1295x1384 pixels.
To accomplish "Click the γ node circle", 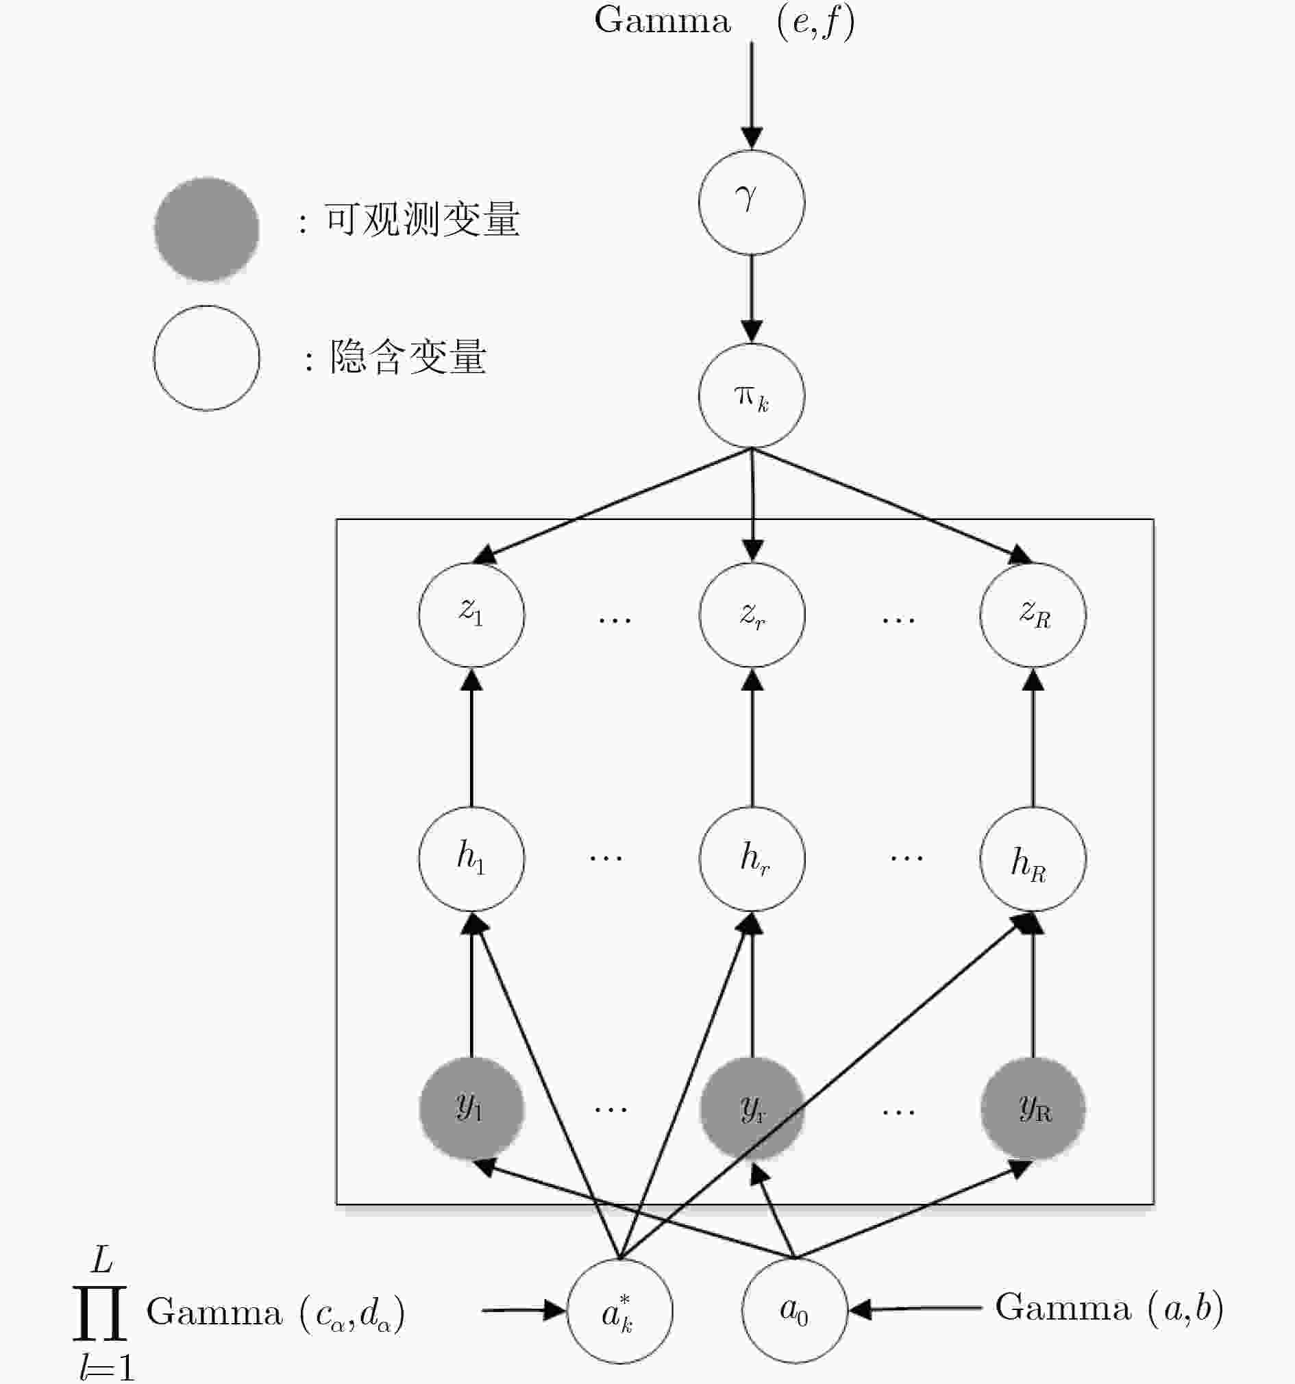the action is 751,202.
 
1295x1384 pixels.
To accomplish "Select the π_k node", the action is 751,395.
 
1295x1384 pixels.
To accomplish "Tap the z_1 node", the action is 471,615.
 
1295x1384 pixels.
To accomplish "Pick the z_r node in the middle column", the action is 752,615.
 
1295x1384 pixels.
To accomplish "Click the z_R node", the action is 1033,615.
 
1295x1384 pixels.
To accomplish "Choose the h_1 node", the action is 471,858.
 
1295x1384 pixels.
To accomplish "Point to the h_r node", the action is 752,858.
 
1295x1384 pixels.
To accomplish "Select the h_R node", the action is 1033,858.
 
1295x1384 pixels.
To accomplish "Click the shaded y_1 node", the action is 471,1109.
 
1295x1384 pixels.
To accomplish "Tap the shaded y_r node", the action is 752,1109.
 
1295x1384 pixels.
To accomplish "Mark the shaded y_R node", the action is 1033,1109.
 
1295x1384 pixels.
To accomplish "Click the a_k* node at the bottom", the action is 619,1311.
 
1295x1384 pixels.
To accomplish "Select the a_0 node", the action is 794,1310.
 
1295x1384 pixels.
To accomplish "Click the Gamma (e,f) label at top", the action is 724,21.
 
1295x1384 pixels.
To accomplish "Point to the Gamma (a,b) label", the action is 1109,1308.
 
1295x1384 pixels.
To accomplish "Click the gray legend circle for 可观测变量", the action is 207,229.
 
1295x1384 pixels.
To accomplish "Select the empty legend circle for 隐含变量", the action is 207,358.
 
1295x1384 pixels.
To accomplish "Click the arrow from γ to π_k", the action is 751,299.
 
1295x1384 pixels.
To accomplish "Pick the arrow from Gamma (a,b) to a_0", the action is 915,1309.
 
